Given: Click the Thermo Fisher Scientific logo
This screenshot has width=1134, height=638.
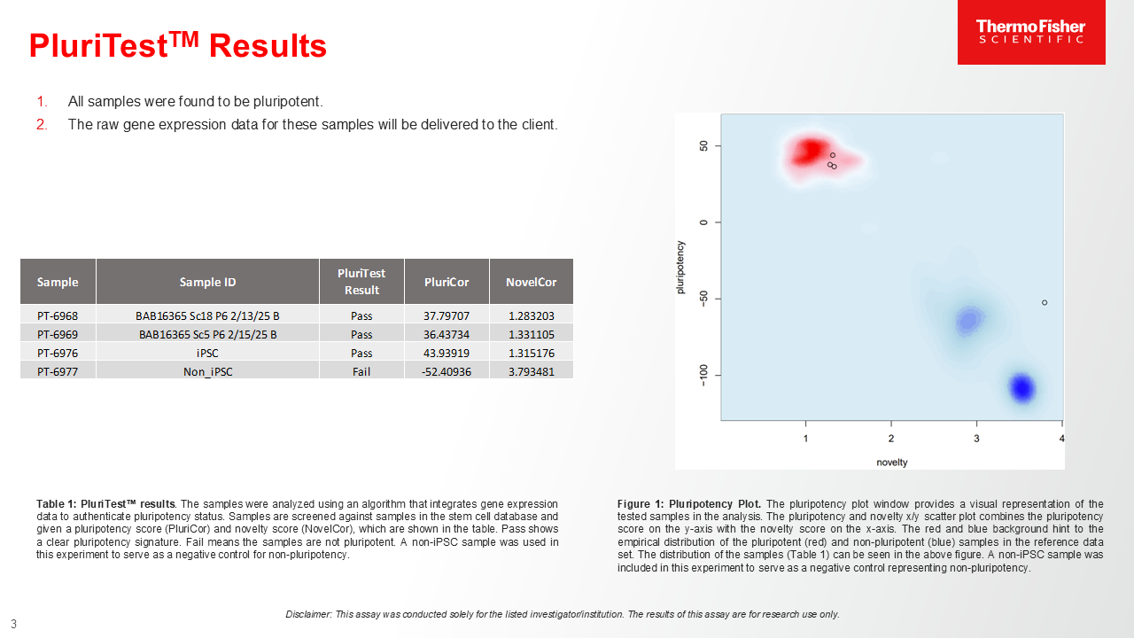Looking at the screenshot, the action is point(1031,32).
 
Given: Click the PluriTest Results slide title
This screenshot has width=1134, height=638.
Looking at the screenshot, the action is point(178,45).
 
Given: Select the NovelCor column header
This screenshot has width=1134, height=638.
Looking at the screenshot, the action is point(531,282).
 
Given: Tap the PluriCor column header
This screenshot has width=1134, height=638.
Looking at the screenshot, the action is point(447,282).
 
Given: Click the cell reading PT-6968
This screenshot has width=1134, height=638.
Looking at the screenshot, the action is point(58,316).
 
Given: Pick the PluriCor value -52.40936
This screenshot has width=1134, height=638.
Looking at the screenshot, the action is point(447,371).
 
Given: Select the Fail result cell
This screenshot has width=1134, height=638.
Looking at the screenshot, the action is point(361,371).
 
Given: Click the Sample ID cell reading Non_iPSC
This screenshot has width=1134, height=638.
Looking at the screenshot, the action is point(207,371).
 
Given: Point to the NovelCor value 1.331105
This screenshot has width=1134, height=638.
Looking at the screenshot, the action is point(531,335).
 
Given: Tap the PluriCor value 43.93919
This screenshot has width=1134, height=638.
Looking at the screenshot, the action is point(447,353).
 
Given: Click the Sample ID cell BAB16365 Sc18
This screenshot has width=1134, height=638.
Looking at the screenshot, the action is point(207,316).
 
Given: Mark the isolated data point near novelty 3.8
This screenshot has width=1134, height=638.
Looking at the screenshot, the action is point(1045,303).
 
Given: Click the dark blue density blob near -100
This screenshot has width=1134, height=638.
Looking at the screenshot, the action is point(1022,388).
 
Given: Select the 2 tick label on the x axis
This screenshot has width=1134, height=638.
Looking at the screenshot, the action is point(891,439).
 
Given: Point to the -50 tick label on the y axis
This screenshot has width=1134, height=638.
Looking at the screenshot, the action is point(703,299).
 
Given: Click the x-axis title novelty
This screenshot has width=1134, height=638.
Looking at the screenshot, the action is point(892,463).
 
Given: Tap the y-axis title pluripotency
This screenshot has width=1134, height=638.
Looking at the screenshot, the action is point(680,268).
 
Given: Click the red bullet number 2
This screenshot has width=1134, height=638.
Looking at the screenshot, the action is point(42,125).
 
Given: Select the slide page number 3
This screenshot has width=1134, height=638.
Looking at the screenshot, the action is point(13,624).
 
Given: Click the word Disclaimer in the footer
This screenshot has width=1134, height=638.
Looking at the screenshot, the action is point(308,614).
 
